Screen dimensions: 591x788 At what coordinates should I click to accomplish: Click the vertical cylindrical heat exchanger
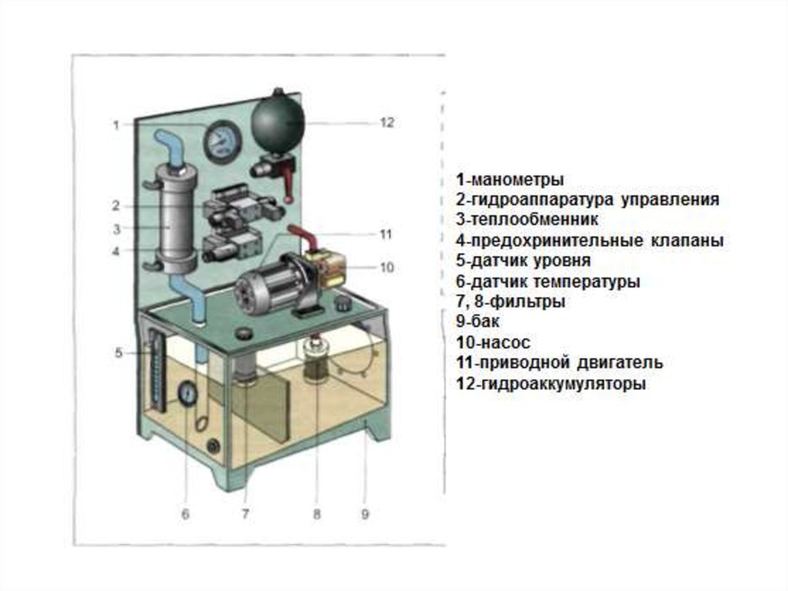176,218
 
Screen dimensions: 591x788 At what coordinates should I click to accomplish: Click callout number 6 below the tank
185,514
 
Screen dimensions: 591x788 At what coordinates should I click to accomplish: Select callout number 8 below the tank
316,514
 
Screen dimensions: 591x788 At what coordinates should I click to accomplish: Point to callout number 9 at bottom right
366,514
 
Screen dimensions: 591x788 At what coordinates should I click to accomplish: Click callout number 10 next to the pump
386,267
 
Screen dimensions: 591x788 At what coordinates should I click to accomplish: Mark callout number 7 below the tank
245,514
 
